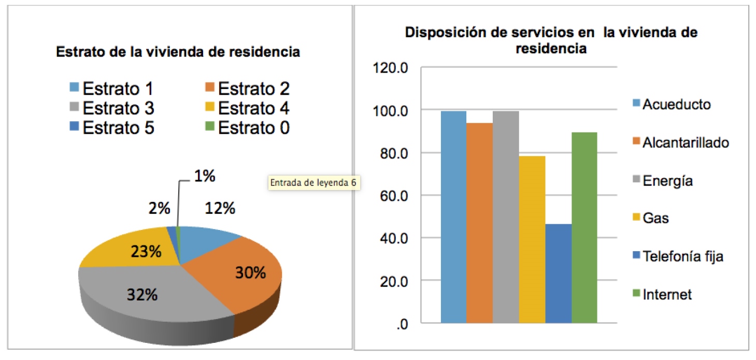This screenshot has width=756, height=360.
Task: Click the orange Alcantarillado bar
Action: click(x=479, y=223)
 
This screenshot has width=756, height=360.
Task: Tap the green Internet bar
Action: click(x=584, y=228)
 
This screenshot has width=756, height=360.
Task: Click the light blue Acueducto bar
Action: click(x=453, y=218)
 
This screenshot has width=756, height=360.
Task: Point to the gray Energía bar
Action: click(x=506, y=218)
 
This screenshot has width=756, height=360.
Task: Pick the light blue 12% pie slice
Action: click(x=207, y=241)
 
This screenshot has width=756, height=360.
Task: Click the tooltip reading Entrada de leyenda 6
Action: click(x=314, y=183)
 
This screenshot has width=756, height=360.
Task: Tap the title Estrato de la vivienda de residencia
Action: click(x=178, y=52)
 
